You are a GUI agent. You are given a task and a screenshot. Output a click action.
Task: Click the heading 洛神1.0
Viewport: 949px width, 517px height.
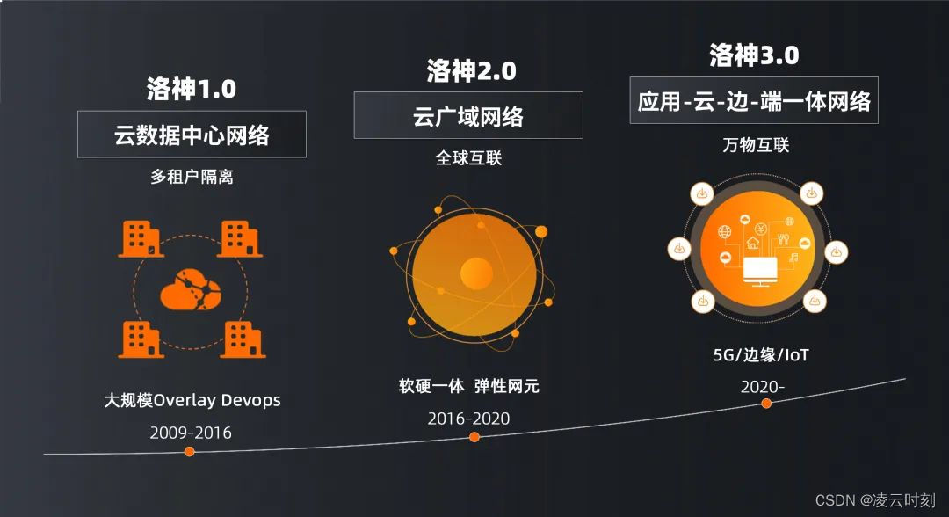tap(192, 89)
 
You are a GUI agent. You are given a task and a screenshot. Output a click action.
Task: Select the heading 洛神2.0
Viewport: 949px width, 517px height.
tap(471, 70)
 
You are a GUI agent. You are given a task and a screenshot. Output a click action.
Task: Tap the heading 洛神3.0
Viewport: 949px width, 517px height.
tap(754, 55)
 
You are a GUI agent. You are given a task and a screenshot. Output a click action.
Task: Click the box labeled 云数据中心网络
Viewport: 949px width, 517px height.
tap(192, 135)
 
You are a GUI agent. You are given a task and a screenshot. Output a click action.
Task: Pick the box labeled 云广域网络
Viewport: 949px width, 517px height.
tap(468, 115)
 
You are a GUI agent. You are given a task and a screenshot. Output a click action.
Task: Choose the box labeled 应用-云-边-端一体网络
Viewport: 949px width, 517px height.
tap(754, 101)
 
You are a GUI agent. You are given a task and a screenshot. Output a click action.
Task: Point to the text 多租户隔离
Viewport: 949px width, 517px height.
tap(192, 177)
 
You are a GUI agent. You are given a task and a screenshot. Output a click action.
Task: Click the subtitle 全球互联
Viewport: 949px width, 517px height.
tap(469, 158)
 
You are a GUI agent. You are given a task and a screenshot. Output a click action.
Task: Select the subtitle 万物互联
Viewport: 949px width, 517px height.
tap(754, 144)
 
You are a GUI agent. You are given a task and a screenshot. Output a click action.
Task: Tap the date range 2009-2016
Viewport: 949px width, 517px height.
tap(191, 432)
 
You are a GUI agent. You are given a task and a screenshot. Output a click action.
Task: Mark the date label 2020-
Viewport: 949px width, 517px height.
tap(761, 386)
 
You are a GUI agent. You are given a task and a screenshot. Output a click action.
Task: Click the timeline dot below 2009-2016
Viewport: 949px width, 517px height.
tap(189, 451)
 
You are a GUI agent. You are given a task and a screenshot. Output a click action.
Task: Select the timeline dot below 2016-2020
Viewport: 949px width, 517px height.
tap(474, 437)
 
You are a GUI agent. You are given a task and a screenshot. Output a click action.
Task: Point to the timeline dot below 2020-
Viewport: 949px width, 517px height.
tap(766, 404)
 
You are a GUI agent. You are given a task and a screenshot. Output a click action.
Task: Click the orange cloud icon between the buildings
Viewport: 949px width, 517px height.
tap(191, 287)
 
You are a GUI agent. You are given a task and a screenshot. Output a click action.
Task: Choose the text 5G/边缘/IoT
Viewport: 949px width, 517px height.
tap(761, 356)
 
